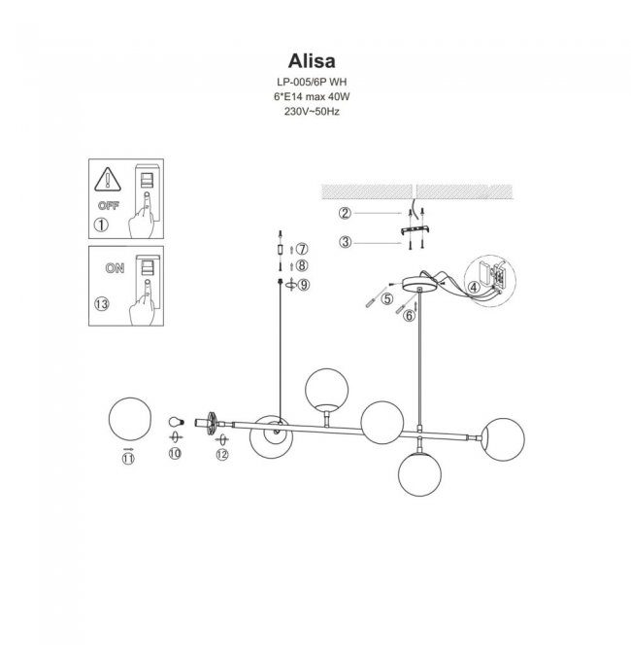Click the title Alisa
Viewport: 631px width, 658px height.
pyautogui.click(x=312, y=61)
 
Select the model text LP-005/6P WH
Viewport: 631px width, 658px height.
pyautogui.click(x=312, y=82)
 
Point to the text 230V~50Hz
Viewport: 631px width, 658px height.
pyautogui.click(x=312, y=112)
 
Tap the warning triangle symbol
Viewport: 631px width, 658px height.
pyautogui.click(x=108, y=180)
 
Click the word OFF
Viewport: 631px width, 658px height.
pyautogui.click(x=109, y=206)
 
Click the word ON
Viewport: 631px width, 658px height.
pyautogui.click(x=115, y=268)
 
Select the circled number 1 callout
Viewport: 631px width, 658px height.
pyautogui.click(x=101, y=225)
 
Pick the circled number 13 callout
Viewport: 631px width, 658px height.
pyautogui.click(x=102, y=304)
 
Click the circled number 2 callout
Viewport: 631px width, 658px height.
pyautogui.click(x=345, y=213)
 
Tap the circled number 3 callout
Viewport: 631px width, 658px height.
pyautogui.click(x=345, y=242)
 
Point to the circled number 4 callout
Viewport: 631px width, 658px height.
pyautogui.click(x=474, y=288)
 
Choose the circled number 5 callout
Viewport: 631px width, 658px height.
pyautogui.click(x=387, y=298)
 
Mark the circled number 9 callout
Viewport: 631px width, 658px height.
pyautogui.click(x=304, y=285)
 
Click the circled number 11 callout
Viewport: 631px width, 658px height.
pyautogui.click(x=128, y=459)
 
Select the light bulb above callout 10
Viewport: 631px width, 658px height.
pyautogui.click(x=176, y=422)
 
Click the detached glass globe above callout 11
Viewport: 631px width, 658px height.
pyautogui.click(x=129, y=419)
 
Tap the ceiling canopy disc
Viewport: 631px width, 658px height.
pyautogui.click(x=419, y=283)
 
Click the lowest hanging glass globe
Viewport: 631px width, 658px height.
pyautogui.click(x=419, y=474)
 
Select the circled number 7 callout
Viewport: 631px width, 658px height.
pyautogui.click(x=302, y=249)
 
